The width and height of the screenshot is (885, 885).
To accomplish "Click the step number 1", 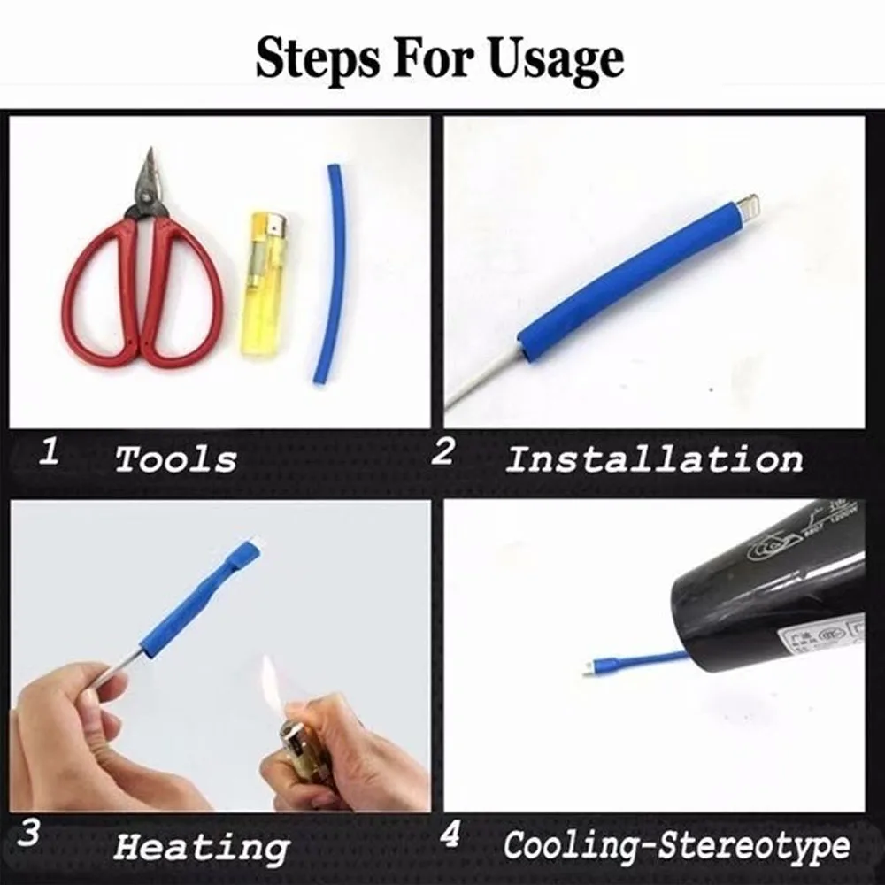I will (50, 453).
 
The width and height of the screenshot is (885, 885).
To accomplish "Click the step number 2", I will (442, 453).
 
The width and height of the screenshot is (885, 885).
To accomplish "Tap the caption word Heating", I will (201, 847).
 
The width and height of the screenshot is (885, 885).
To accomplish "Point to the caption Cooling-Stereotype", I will (677, 845).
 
